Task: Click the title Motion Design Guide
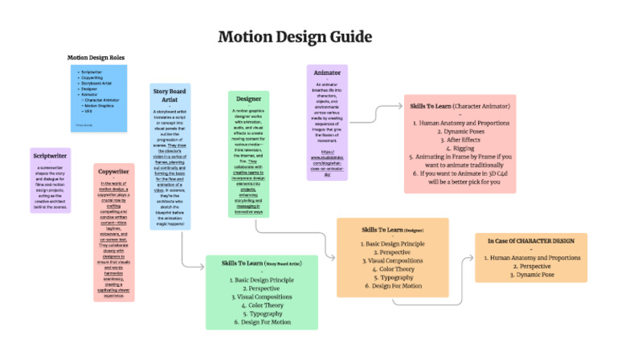point(295,37)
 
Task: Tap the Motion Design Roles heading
point(96,58)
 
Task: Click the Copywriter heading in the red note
point(114,171)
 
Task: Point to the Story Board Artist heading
point(170,96)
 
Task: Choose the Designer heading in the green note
point(247,99)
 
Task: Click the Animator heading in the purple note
point(327,72)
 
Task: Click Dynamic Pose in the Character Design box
point(531,275)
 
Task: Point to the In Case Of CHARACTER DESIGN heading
point(531,240)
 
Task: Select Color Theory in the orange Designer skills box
point(393,269)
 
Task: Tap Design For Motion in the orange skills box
point(393,287)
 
